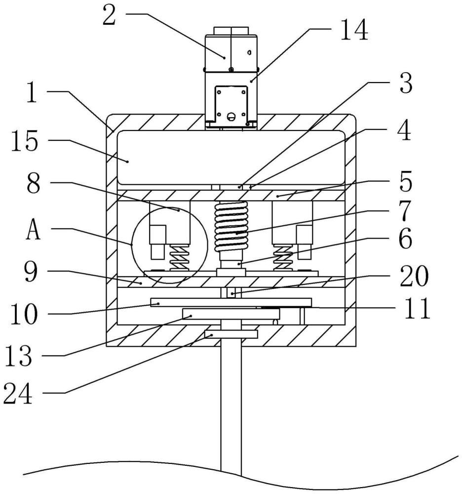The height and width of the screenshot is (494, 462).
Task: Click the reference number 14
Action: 354,30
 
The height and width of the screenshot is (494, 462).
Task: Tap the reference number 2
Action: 109,16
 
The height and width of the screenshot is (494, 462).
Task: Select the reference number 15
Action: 25,141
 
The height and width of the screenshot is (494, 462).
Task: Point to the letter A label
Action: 33,230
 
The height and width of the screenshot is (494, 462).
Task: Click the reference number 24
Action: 18,394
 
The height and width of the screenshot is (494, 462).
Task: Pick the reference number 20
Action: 414,276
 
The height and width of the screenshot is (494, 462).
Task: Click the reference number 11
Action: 417,309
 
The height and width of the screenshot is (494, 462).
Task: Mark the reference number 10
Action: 24,314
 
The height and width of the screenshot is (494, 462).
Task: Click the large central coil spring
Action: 231,227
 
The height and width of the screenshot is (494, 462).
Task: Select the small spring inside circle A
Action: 179,258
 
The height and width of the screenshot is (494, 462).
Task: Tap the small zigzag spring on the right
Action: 283,258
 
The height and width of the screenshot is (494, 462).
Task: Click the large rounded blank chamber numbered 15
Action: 231,157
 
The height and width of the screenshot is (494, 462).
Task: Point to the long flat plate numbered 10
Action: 231,302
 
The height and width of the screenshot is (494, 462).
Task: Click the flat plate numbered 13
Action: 231,314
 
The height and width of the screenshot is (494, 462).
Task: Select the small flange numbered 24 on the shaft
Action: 231,334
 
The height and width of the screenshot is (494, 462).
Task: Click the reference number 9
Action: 31,272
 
